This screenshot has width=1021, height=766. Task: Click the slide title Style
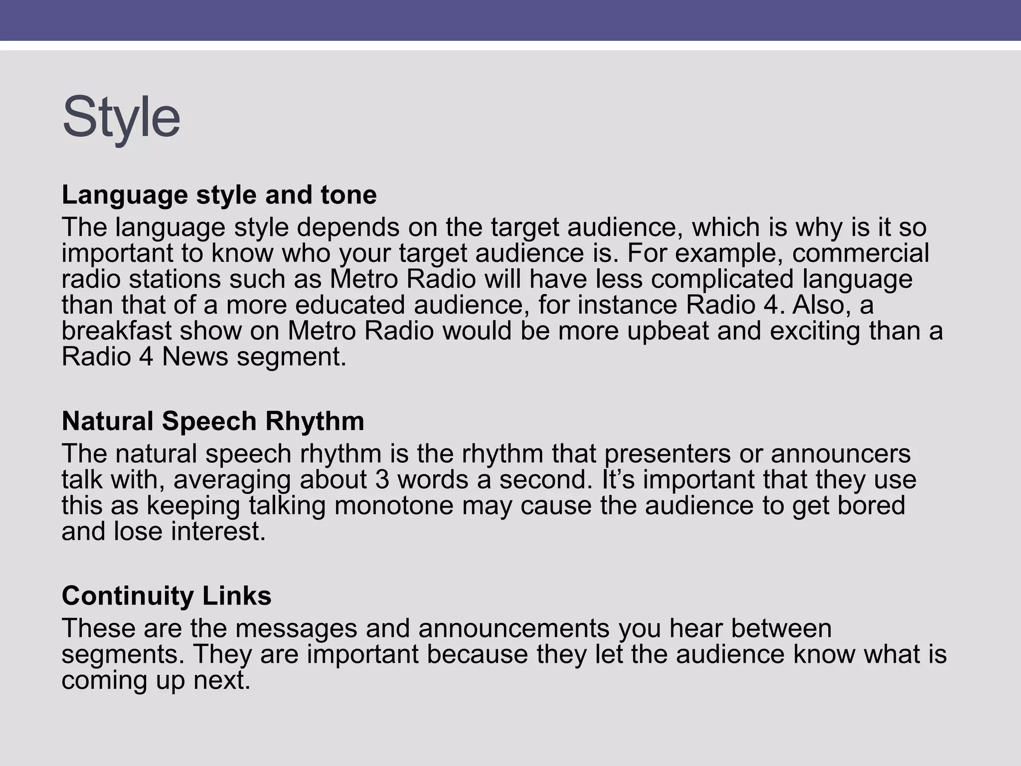[x=121, y=118]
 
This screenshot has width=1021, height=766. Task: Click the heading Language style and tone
[x=219, y=194]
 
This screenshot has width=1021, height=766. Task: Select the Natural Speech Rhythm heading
[x=213, y=421]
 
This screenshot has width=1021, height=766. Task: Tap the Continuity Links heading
[x=167, y=595]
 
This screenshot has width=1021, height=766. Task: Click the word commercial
[x=860, y=253]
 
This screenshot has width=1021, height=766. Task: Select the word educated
[x=349, y=305]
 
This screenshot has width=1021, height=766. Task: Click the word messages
[x=296, y=628]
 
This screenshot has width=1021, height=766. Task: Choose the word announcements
[x=513, y=628]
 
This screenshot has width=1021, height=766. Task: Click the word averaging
[x=232, y=480]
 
